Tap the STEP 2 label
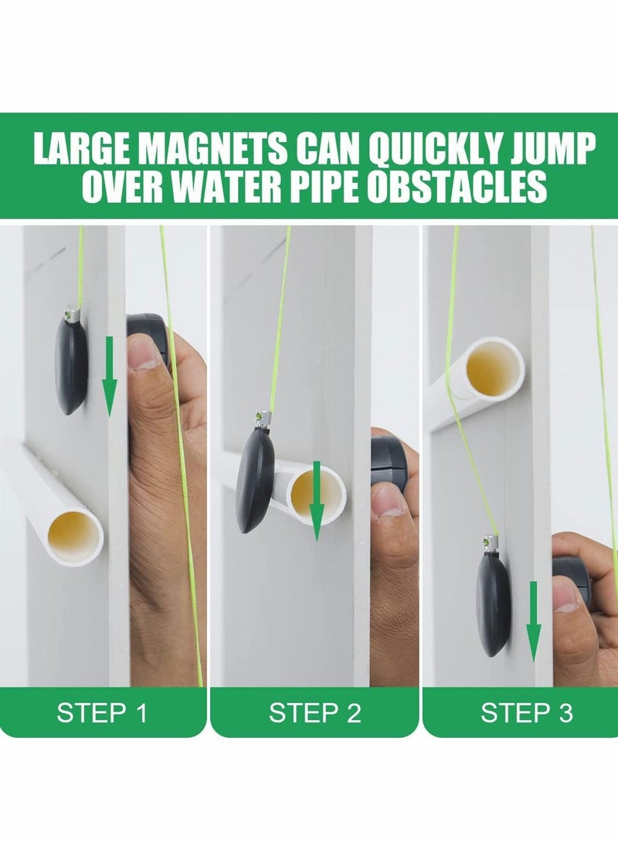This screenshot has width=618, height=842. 314,712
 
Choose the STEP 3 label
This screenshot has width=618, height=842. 527,712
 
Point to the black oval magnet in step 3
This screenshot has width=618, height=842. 493,602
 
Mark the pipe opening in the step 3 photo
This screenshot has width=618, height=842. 494,369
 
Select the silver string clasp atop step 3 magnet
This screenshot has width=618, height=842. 490,543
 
